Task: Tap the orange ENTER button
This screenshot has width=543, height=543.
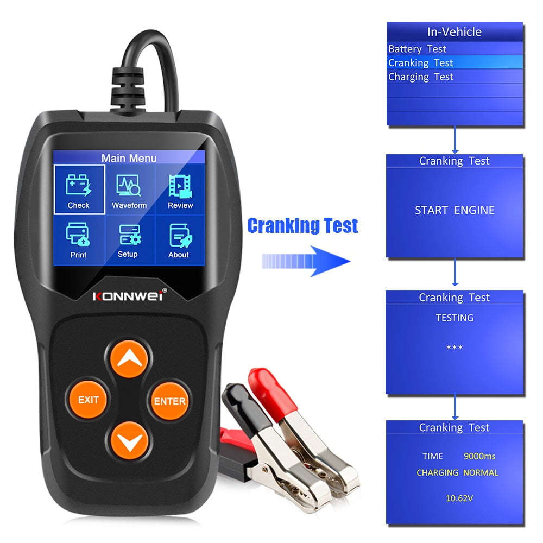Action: [x=169, y=401]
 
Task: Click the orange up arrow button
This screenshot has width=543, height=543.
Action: [x=129, y=359]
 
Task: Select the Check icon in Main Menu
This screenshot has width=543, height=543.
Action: [x=79, y=190]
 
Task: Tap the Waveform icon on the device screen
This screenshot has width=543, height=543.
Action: [x=129, y=191]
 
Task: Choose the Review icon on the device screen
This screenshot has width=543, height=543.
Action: [x=180, y=191]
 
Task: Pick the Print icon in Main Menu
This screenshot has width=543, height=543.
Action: [x=78, y=239]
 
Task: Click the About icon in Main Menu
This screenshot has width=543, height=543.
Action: [x=179, y=239]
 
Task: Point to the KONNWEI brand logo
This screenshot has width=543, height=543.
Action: [x=129, y=296]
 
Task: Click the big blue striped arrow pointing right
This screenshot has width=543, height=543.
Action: [x=307, y=261]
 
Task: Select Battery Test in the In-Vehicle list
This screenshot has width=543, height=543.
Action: [x=418, y=49]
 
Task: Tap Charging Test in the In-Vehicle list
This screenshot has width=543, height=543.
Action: [x=421, y=77]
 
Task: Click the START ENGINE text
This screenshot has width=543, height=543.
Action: [x=454, y=210]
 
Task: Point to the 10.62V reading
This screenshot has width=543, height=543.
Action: [x=455, y=497]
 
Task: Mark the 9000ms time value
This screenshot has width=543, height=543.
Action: [x=479, y=456]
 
